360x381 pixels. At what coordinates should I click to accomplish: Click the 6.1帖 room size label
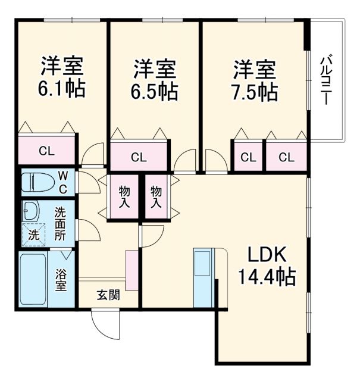[62, 89]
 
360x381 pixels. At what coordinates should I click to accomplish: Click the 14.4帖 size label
[268, 277]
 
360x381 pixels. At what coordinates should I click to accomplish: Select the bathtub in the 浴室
[35, 280]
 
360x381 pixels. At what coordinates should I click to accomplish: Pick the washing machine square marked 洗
[35, 235]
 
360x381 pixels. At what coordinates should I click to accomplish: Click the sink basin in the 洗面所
[30, 210]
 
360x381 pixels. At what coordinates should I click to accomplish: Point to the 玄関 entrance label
[108, 294]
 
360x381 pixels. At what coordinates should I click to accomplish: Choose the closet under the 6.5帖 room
[139, 157]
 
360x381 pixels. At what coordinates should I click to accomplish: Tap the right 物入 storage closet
[156, 197]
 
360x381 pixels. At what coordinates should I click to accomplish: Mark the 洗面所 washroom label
[61, 222]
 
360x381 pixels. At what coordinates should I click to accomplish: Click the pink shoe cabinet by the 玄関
[132, 270]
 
